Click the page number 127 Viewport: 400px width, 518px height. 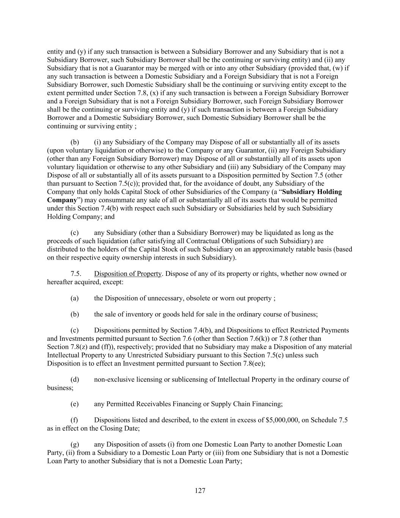[200, 491]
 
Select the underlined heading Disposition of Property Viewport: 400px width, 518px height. [128, 274]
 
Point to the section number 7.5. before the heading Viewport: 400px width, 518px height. [76, 274]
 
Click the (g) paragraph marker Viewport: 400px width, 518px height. [75, 444]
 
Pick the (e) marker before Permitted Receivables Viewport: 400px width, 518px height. [74, 404]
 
